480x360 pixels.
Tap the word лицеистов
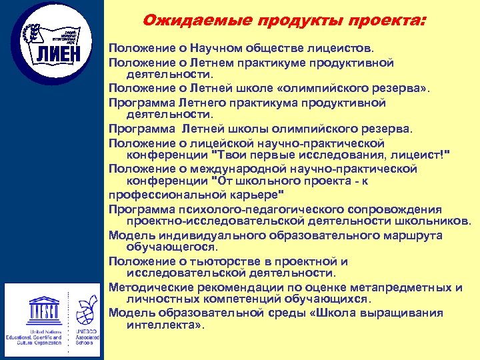(x=345, y=49)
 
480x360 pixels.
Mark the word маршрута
(x=411, y=235)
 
